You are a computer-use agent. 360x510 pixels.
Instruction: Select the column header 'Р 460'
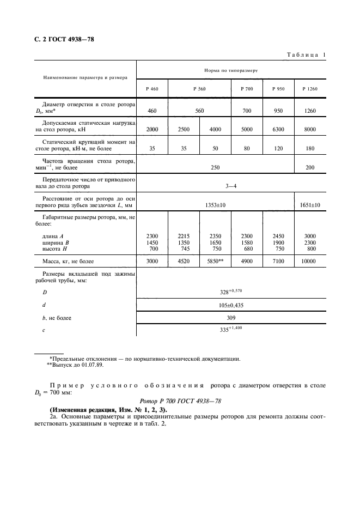(x=152, y=88)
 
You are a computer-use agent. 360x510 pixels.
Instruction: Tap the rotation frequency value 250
(x=216, y=167)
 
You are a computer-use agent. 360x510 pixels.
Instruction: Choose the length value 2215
(x=184, y=235)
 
